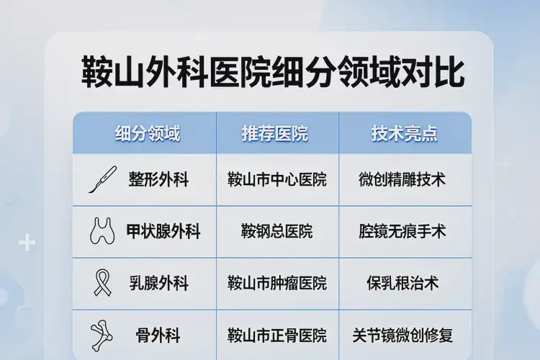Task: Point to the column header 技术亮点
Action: tap(405, 133)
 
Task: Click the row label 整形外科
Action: tap(158, 179)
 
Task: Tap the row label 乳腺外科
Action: tap(158, 283)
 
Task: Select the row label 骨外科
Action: tap(158, 335)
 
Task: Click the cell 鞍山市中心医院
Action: tap(276, 179)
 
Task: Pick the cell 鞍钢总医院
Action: tap(276, 231)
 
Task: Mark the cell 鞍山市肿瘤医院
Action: tap(276, 283)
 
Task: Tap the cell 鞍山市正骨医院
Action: tap(276, 335)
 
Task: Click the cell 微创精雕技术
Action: tap(402, 179)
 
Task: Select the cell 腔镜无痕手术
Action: tap(402, 231)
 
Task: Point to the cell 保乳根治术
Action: tap(402, 283)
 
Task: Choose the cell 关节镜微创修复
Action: tap(402, 335)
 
